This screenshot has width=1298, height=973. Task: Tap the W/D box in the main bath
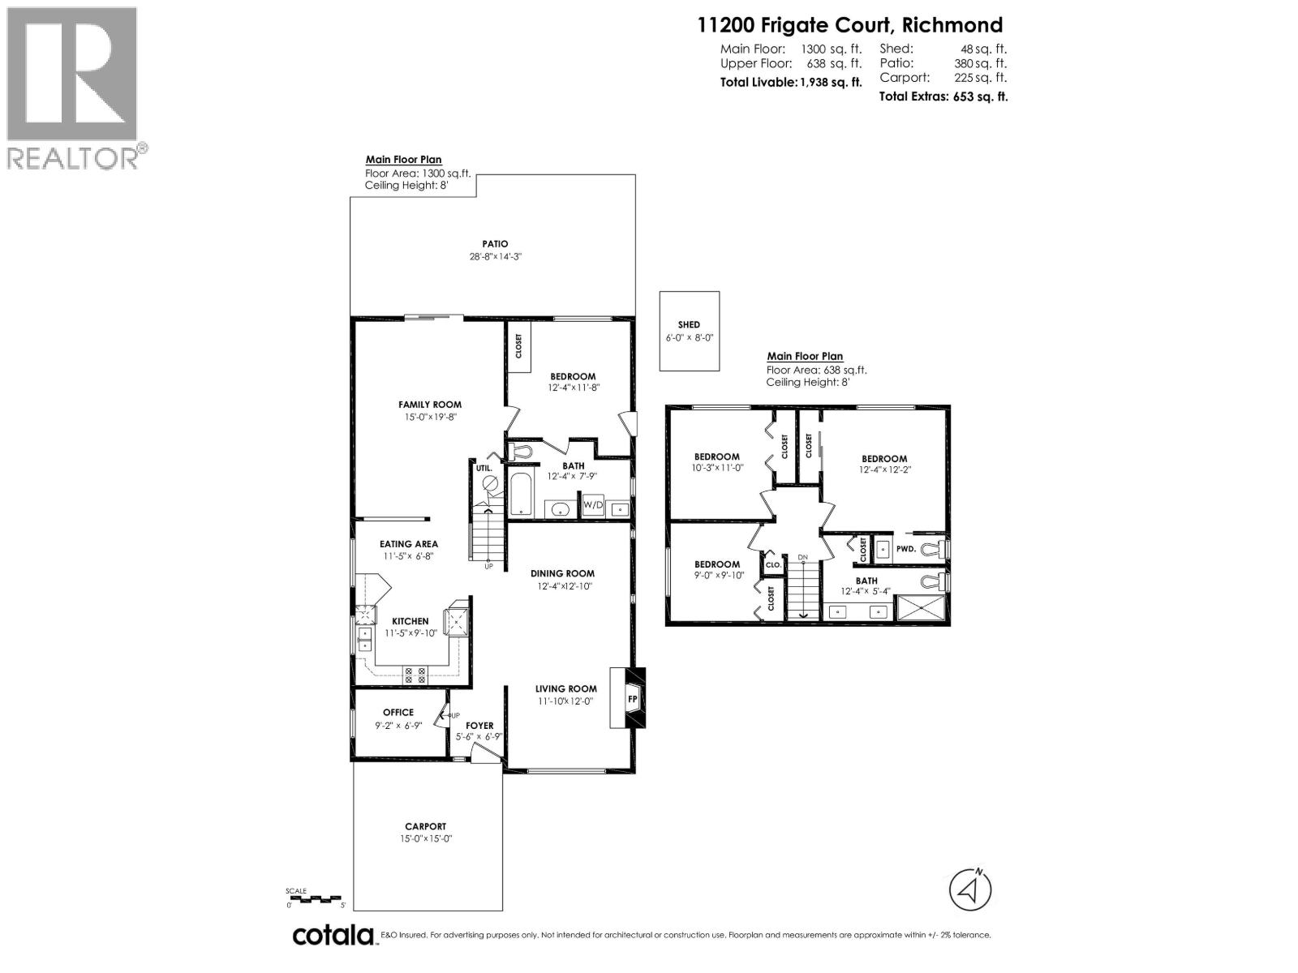[593, 505]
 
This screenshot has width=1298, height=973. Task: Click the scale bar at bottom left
[315, 898]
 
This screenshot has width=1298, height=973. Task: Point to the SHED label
[689, 324]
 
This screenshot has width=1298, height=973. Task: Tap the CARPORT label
[426, 826]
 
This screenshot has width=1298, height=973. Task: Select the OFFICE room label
[398, 712]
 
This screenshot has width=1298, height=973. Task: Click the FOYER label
[479, 726]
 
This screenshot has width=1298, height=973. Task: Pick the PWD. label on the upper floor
[906, 549]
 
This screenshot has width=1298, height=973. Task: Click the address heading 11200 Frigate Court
[849, 25]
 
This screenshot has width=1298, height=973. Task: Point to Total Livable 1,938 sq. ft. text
[790, 82]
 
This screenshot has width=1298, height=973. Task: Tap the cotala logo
[333, 934]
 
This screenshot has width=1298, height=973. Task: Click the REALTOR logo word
[73, 156]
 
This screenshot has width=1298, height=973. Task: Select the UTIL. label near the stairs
[484, 468]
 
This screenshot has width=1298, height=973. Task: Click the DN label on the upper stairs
[802, 557]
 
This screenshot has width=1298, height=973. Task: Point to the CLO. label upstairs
[773, 564]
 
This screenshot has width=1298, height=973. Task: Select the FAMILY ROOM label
[429, 404]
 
